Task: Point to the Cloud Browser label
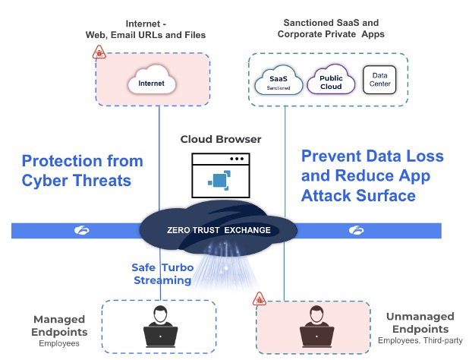(221, 140)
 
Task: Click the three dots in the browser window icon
(238, 159)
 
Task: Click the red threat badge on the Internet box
(99, 52)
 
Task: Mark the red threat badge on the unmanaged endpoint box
(259, 298)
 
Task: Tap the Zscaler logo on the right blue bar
(354, 229)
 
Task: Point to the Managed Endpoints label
(61, 327)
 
